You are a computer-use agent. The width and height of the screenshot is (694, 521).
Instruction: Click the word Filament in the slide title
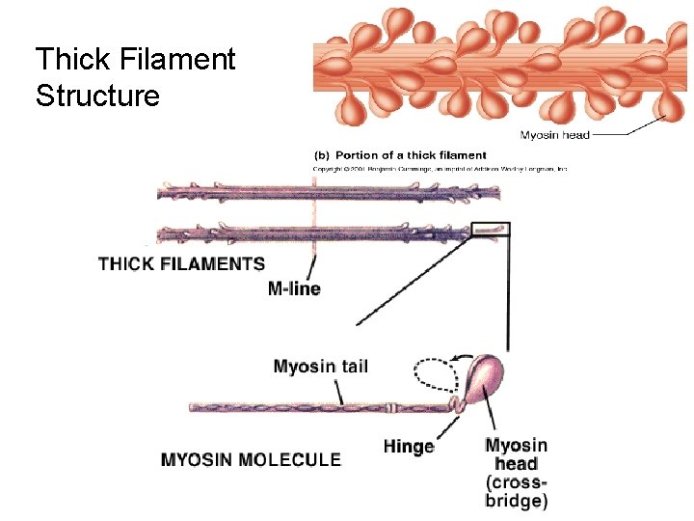pyautogui.click(x=174, y=60)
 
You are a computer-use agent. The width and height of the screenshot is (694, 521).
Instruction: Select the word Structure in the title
pyautogui.click(x=97, y=96)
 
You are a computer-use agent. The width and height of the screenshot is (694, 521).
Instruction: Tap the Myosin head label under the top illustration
pyautogui.click(x=555, y=135)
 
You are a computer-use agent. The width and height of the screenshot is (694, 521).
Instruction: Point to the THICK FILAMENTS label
pyautogui.click(x=181, y=263)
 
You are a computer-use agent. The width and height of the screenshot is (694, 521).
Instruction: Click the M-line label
pyautogui.click(x=294, y=288)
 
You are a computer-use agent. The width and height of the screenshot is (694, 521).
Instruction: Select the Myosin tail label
pyautogui.click(x=320, y=367)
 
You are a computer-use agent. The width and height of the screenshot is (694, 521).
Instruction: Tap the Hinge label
pyautogui.click(x=409, y=446)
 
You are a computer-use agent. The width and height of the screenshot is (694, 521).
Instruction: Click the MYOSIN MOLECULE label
pyautogui.click(x=251, y=459)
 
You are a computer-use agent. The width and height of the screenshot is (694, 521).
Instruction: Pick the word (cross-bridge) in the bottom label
pyautogui.click(x=517, y=491)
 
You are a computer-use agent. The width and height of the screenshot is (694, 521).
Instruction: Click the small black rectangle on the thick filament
pyautogui.click(x=491, y=230)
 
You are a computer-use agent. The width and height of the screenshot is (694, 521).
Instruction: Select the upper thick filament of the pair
pyautogui.click(x=328, y=192)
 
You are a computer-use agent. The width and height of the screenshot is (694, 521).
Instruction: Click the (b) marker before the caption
pyautogui.click(x=324, y=155)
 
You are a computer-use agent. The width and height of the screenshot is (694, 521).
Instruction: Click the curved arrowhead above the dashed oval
pyautogui.click(x=468, y=354)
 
